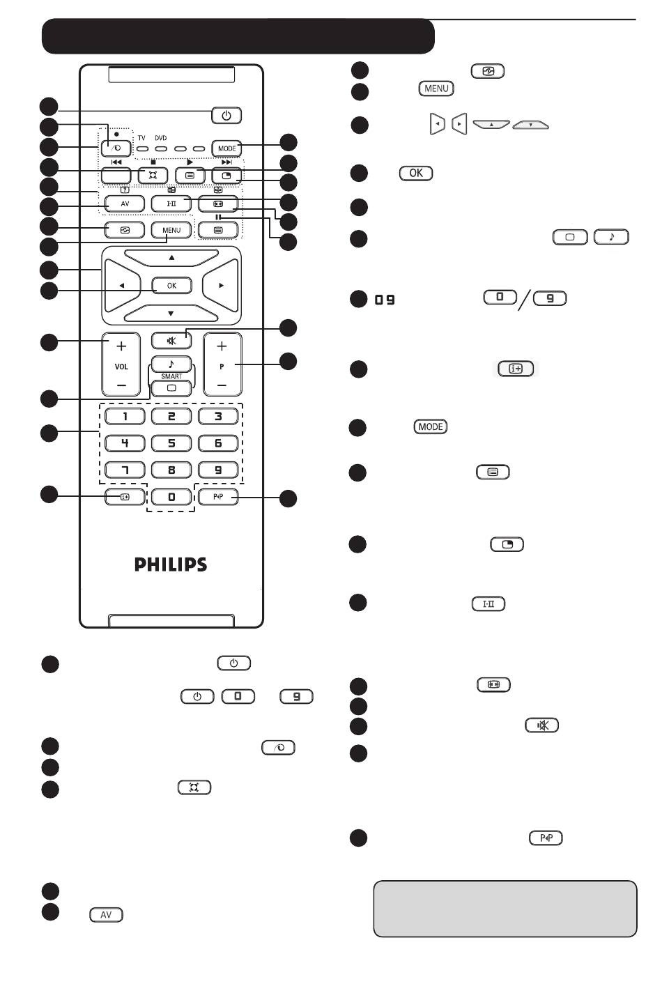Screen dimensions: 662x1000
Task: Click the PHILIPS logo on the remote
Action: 171,564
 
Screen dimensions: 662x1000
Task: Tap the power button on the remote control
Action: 226,116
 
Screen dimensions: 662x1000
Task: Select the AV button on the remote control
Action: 125,203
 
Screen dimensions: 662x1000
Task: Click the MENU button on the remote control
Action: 171,230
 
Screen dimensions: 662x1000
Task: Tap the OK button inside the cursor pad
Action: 172,286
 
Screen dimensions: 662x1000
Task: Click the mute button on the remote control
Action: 171,341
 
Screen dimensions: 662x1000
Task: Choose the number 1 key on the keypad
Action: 125,417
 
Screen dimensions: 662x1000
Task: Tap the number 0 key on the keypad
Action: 171,497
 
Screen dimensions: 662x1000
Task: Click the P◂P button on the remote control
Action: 218,497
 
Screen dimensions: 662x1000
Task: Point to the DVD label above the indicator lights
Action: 161,138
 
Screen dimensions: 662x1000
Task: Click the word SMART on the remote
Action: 171,376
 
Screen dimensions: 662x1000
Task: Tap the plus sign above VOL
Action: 121,346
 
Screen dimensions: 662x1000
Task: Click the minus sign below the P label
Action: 222,385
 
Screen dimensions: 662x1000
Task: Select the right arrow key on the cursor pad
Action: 220,285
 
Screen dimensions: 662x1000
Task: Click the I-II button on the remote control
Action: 171,203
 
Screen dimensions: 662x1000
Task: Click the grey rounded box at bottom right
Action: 505,909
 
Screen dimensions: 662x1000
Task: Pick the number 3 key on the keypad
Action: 218,417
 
